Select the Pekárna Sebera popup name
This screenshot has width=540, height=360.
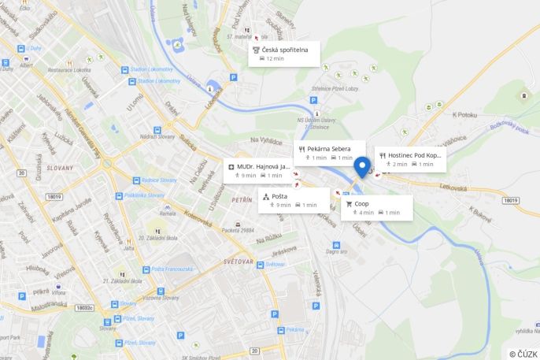coord(329,148)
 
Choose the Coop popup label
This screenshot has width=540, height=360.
coord(361,203)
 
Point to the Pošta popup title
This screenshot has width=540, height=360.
coord(279,196)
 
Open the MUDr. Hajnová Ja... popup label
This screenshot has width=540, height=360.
coord(264,167)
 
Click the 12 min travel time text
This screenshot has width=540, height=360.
coord(275,59)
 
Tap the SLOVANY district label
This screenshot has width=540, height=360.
coord(59,168)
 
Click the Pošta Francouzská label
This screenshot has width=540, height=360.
coord(172,269)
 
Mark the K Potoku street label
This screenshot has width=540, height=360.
coord(465,115)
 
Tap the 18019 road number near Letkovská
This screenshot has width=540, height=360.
coord(510,201)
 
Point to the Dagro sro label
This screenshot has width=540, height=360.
coord(337,253)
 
